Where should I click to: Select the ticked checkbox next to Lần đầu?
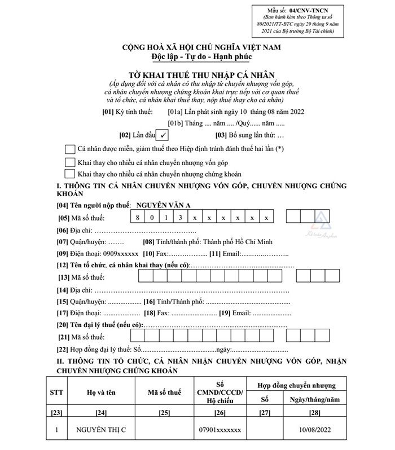click(162, 135)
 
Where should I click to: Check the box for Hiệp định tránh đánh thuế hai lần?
click(71, 149)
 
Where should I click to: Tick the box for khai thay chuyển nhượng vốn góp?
click(71, 162)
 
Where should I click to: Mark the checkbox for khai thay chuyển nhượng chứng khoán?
click(71, 174)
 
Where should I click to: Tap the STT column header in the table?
click(57, 392)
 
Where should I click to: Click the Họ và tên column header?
click(102, 392)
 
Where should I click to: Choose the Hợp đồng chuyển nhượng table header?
click(297, 386)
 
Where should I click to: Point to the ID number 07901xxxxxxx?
click(221, 430)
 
